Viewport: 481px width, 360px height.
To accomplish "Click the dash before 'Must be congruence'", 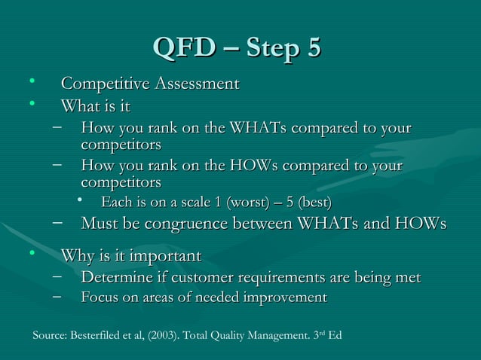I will pos(58,223).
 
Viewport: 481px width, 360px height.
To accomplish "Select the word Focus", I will pos(100,297).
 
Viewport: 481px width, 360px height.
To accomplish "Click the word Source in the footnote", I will pos(51,334).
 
